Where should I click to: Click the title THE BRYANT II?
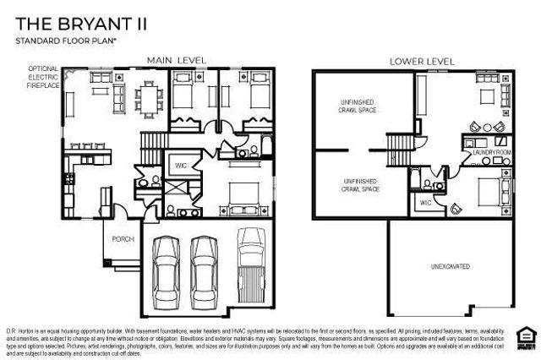pyautogui.click(x=81, y=23)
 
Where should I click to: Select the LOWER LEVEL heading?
pyautogui.click(x=421, y=61)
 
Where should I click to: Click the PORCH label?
pyautogui.click(x=123, y=238)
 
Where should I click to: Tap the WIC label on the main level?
pyautogui.click(x=180, y=166)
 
